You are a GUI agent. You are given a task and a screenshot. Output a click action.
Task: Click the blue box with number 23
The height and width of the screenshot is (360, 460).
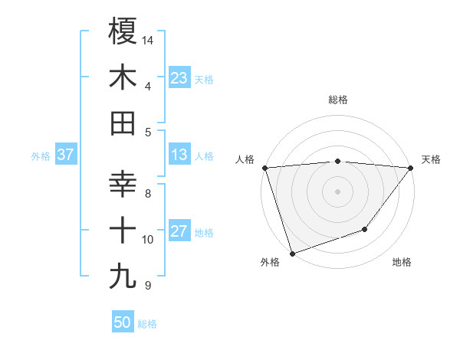point(179,78)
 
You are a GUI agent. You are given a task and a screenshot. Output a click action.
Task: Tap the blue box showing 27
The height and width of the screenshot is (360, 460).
point(179,232)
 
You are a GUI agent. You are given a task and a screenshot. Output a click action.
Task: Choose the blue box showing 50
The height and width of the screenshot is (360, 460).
point(123,322)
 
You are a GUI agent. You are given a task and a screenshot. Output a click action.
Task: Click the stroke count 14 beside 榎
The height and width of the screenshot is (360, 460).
point(148,39)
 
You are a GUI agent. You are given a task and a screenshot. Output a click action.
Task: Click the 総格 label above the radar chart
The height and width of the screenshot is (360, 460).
point(338,100)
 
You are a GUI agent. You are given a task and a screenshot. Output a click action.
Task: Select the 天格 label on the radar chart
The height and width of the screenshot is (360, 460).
point(432,159)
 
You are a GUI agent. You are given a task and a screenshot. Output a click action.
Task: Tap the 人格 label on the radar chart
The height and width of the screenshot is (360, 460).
point(245,159)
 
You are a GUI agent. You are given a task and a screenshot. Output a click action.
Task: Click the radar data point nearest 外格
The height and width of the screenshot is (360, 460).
point(292,253)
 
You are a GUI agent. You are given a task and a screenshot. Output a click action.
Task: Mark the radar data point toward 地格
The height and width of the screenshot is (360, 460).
point(366,229)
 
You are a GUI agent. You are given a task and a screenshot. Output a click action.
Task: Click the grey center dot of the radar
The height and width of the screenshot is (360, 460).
point(338,191)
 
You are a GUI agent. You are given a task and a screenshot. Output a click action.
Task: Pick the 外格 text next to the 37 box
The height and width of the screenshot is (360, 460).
point(41,156)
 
